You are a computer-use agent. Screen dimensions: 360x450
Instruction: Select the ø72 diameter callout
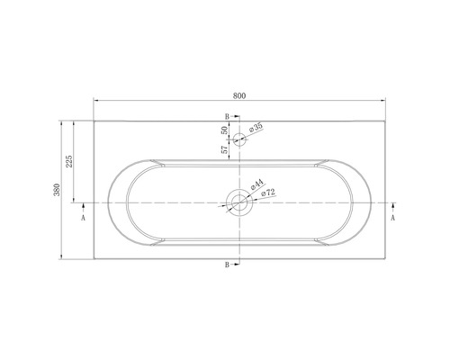[266, 193]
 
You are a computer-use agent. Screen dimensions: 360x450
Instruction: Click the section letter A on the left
[84, 218]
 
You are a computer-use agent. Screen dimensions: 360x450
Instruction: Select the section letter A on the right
[393, 218]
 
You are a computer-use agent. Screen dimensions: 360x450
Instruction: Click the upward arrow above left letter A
[84, 208]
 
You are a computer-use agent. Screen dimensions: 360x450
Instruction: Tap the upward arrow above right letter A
[393, 208]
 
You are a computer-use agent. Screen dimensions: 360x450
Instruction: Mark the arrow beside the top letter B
[236, 118]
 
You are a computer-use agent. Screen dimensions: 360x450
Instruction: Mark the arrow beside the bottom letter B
[236, 265]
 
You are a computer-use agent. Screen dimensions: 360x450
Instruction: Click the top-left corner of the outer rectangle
[94, 120]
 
